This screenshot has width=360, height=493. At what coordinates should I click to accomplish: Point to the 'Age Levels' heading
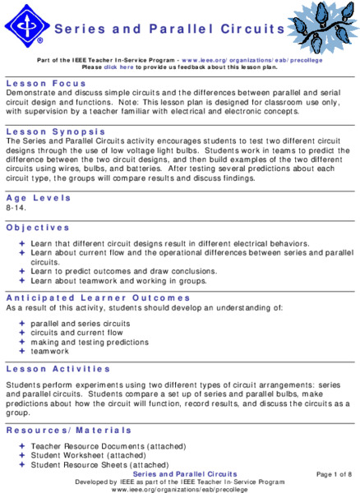click(x=37, y=198)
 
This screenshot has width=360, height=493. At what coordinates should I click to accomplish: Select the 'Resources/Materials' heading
click(x=68, y=430)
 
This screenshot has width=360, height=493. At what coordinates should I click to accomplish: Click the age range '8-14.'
click(x=16, y=210)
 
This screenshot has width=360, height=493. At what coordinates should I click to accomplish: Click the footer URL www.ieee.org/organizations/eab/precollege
click(x=180, y=489)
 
